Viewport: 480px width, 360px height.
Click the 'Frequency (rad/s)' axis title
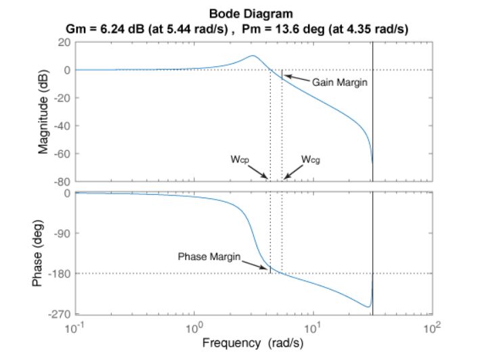[253, 342]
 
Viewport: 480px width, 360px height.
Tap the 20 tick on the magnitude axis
[65, 42]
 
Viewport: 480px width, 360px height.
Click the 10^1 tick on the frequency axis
[313, 328]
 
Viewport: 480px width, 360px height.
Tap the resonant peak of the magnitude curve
[253, 55]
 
